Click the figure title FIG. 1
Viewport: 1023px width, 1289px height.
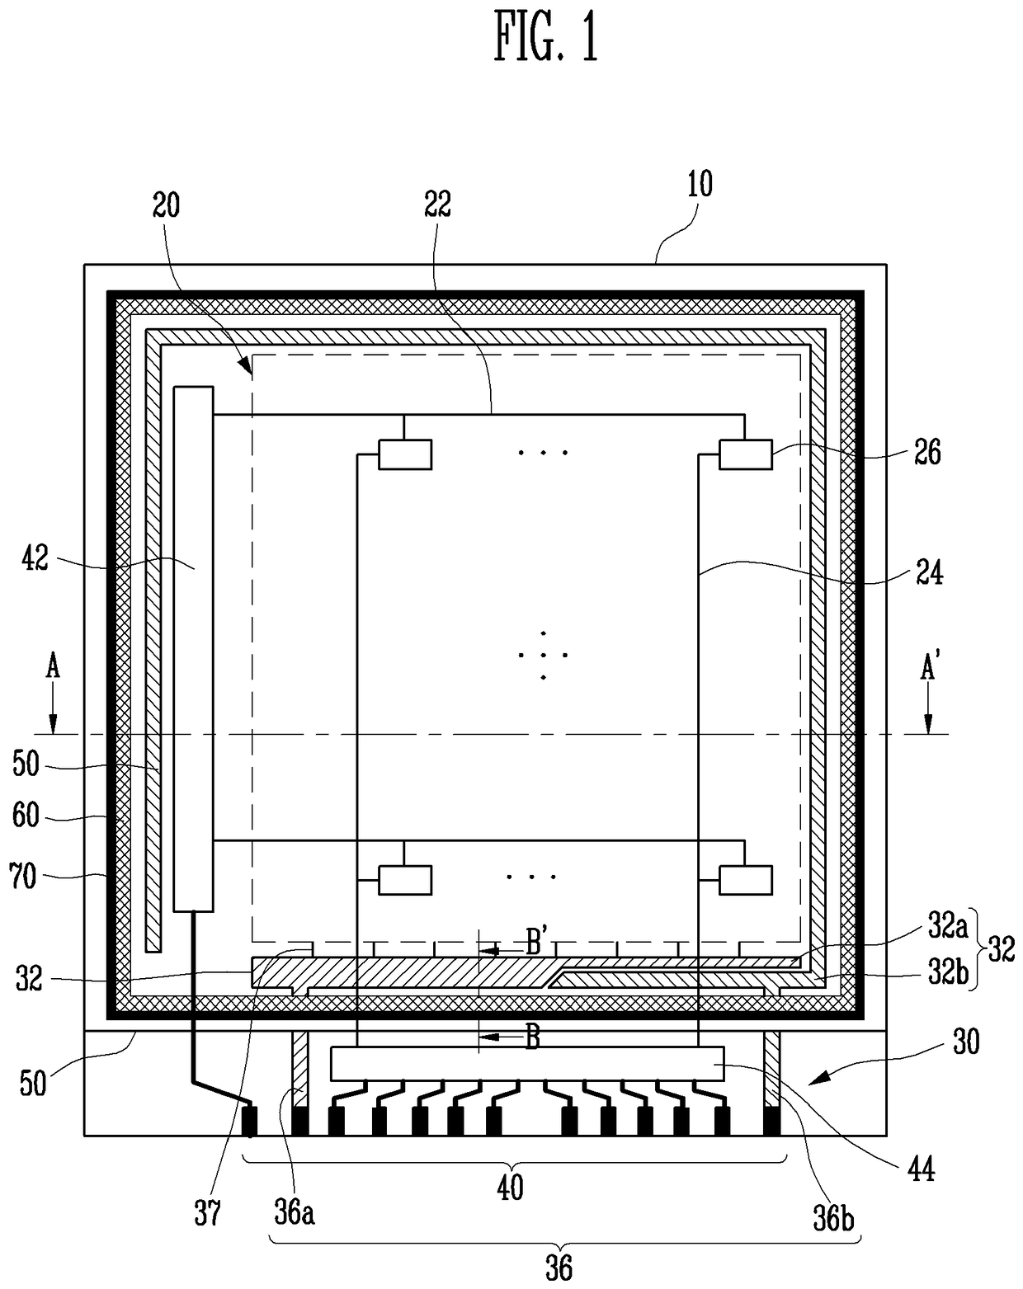(546, 38)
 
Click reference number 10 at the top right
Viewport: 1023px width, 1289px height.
(700, 184)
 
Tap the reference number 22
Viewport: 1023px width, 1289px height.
(438, 205)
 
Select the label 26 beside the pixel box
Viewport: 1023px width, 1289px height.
(928, 452)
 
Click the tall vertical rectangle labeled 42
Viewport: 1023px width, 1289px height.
(193, 648)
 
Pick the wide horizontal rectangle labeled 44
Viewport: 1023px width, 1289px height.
(526, 1063)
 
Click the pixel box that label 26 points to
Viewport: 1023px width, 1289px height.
(746, 454)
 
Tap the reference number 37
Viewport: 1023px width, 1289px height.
(207, 1214)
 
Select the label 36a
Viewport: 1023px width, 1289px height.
(295, 1215)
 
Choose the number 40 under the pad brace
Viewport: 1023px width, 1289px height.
(511, 1188)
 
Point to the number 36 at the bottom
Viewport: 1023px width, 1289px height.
(559, 1268)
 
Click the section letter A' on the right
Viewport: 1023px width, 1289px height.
(928, 669)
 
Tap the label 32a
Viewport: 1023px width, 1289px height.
(947, 927)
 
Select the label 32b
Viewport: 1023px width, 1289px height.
(947, 973)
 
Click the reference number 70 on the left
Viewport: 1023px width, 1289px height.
(23, 876)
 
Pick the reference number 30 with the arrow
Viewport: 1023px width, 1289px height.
(966, 1042)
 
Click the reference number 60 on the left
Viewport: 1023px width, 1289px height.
(26, 816)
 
